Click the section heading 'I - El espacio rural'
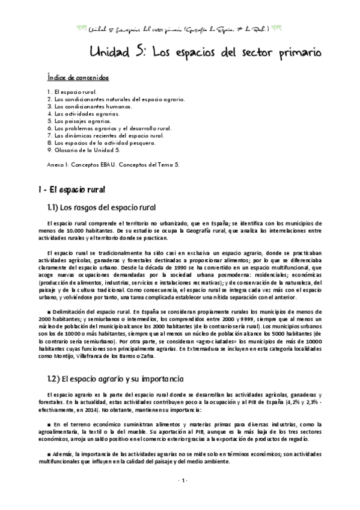[x=72, y=190]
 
